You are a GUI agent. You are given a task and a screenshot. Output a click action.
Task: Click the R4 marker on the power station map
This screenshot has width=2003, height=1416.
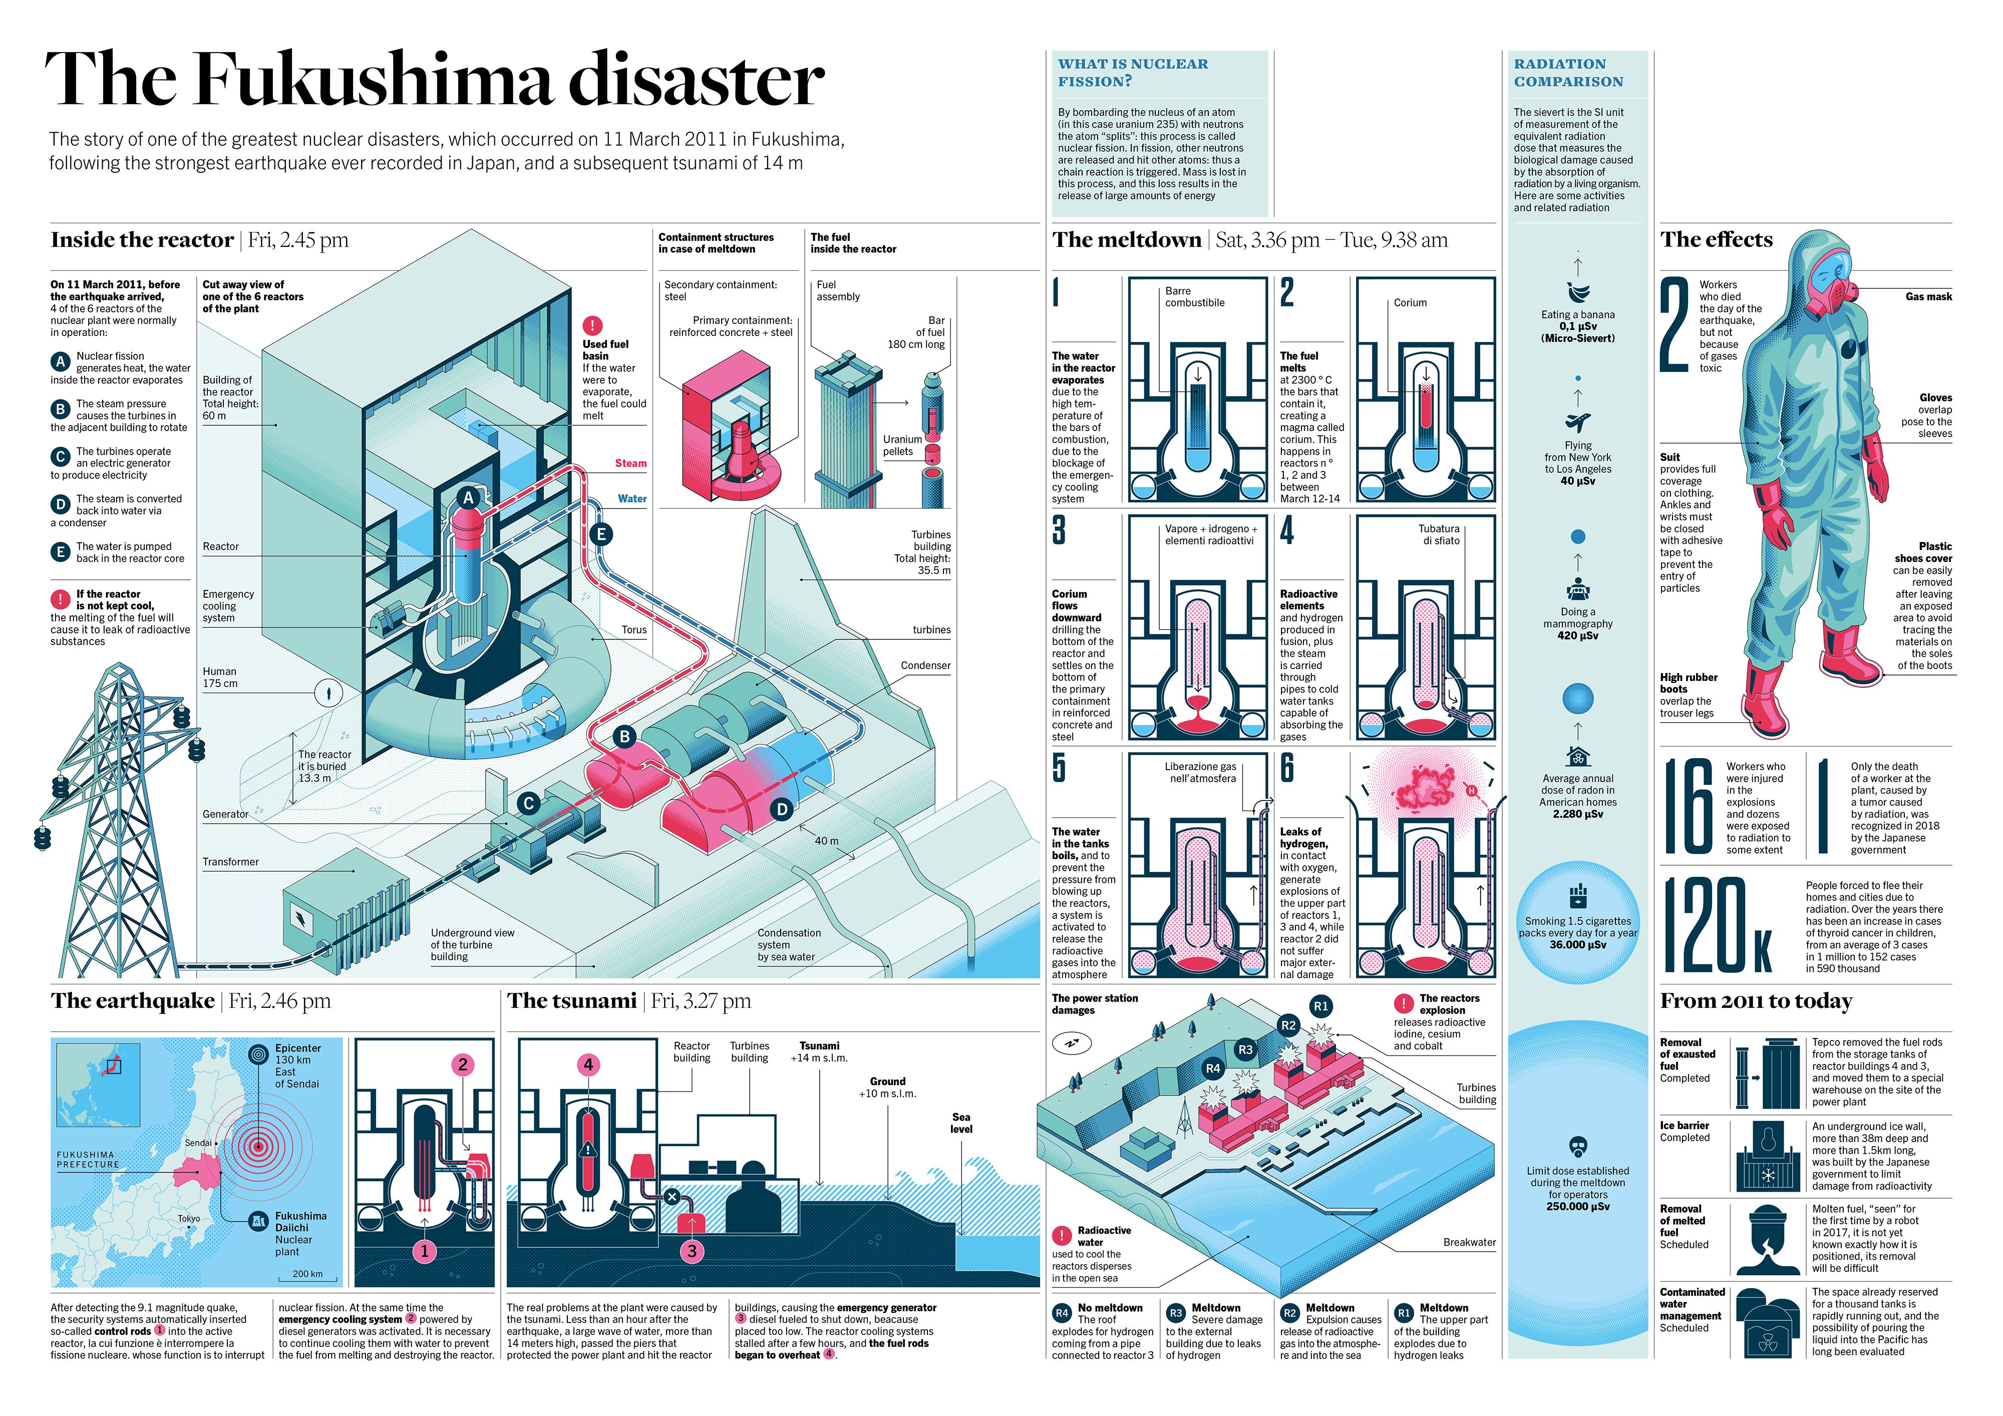click(x=1213, y=1068)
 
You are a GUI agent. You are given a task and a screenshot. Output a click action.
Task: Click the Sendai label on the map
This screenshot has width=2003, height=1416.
click(x=198, y=1142)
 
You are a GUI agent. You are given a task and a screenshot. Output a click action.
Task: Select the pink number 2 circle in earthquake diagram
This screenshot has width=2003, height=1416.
click(x=463, y=1065)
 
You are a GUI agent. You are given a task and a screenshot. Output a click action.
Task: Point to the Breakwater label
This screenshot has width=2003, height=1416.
click(x=1469, y=1242)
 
